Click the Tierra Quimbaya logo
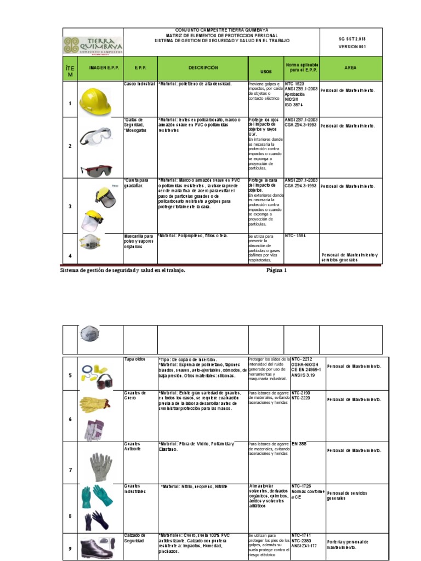click(93, 45)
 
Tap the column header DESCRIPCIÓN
click(203, 68)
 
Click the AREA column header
click(350, 68)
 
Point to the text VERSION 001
click(351, 47)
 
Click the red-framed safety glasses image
click(95, 169)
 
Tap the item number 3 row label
click(70, 206)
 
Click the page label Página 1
click(276, 270)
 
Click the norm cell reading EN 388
click(299, 444)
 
